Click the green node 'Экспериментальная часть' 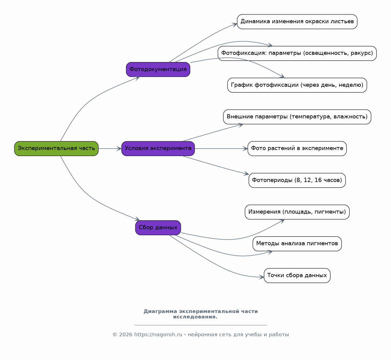tap(56, 149)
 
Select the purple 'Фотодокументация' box tap(158, 70)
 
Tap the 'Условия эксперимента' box tap(158, 149)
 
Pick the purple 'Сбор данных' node tap(158, 228)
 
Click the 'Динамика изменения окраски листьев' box tap(297, 22)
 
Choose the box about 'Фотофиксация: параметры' tap(297, 53)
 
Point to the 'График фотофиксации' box tap(297, 85)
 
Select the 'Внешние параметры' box tap(297, 117)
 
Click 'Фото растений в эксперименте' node tap(297, 149)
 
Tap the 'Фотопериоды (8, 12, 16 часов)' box tap(297, 180)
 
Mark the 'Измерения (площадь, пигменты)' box tap(297, 212)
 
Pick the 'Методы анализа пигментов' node tap(297, 244)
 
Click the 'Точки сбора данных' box tap(297, 276)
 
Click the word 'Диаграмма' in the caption tap(160, 311)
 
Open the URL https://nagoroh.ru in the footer tap(158, 335)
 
